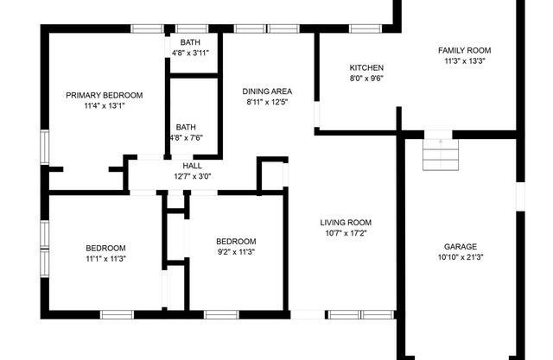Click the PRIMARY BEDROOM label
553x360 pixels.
[105, 95]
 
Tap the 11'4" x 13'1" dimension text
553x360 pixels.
[105, 105]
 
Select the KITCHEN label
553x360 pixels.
[366, 67]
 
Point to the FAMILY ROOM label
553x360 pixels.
[465, 50]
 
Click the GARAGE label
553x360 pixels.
[461, 247]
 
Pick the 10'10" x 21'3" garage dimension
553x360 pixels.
[461, 257]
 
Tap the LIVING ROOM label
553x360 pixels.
[346, 223]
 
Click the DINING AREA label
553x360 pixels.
[267, 92]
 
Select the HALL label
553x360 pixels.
[192, 166]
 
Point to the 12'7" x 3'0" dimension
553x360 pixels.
[192, 176]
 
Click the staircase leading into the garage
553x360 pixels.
[441, 155]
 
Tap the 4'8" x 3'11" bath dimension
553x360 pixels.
[190, 53]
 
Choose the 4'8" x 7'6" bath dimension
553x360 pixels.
[187, 137]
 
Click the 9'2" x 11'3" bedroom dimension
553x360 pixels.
[236, 252]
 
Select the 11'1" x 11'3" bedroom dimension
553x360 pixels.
[105, 259]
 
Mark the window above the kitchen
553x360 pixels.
[365, 28]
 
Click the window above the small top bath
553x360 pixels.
[192, 28]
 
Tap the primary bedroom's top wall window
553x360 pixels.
[148, 28]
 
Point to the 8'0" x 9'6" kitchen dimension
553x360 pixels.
[366, 79]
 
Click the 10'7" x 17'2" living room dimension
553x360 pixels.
[346, 233]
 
